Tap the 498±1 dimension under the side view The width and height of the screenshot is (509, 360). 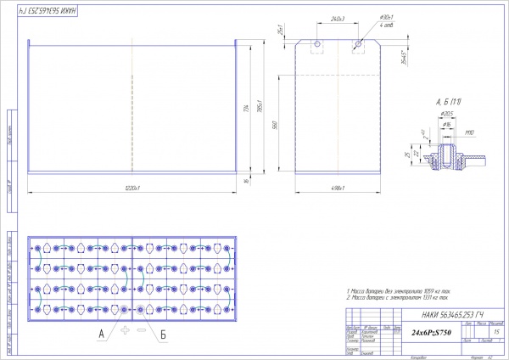coord(337,187)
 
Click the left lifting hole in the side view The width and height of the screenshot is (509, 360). coord(316,43)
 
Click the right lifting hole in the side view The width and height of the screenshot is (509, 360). coord(358,43)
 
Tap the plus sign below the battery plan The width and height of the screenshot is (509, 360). coord(125,328)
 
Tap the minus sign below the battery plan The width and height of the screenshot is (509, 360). coord(141,328)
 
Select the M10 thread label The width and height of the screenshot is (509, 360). coord(468,132)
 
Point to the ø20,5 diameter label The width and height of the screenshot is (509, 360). coord(447,113)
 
